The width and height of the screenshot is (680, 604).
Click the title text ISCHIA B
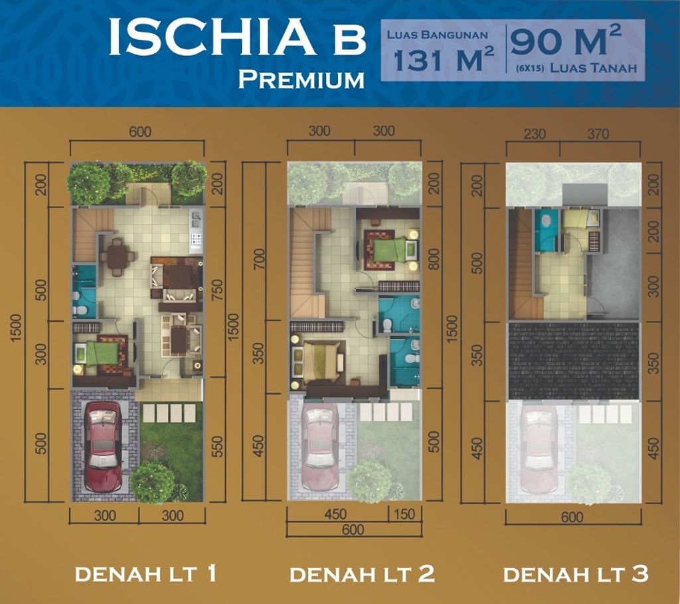236,38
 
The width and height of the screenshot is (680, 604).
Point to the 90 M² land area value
566,43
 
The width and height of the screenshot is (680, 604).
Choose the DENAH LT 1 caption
145,573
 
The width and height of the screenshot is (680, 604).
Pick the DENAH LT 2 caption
362,573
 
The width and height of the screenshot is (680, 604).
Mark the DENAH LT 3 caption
576,573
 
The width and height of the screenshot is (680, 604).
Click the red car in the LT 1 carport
103,446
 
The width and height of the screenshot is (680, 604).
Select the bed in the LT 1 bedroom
100,352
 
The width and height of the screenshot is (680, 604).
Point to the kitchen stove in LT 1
197,238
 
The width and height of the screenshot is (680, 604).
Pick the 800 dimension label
435,258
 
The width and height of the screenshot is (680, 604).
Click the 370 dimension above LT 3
598,134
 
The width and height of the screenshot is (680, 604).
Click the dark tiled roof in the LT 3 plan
573,361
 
